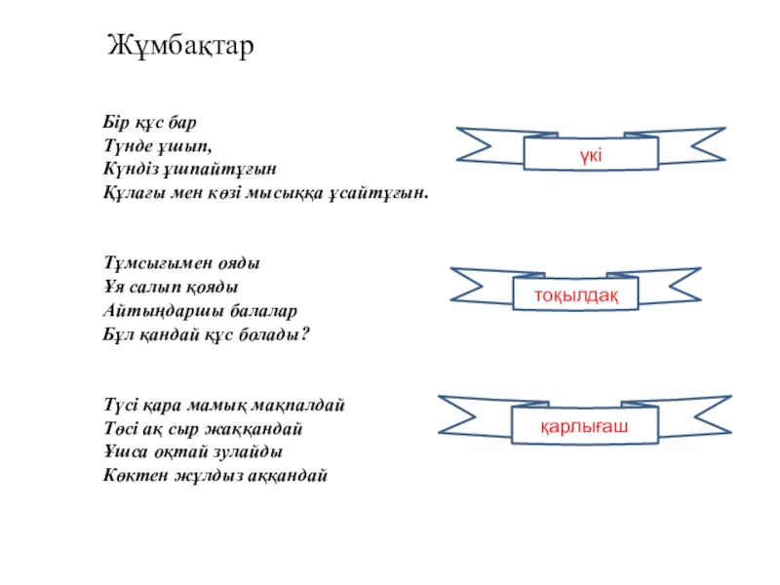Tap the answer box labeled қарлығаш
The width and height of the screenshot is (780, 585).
pos(584,427)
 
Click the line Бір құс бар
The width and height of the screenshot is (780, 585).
pos(150,123)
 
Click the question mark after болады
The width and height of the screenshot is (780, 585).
pos(304,333)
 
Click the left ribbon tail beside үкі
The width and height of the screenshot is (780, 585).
pos(487,144)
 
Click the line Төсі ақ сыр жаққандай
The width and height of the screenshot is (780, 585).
pos(203,427)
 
